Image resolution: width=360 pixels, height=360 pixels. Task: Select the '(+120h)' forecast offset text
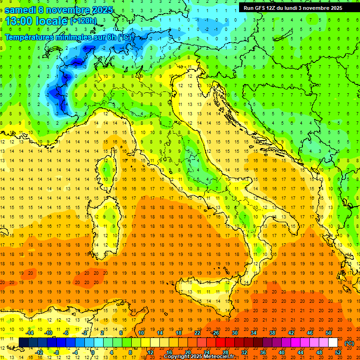tap(83, 21)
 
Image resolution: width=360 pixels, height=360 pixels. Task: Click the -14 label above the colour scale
tap(30, 333)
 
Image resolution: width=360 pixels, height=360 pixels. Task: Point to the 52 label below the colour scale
tap(337, 352)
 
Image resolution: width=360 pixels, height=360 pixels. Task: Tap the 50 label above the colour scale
tap(328, 333)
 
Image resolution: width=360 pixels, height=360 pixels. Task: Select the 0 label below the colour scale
tap(93, 352)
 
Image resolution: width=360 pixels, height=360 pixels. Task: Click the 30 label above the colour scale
tap(234, 333)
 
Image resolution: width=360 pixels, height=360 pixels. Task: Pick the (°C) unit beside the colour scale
tap(349, 343)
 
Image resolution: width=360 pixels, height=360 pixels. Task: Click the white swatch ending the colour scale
tap(333, 343)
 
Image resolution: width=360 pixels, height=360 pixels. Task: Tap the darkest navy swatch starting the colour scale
tap(23, 343)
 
